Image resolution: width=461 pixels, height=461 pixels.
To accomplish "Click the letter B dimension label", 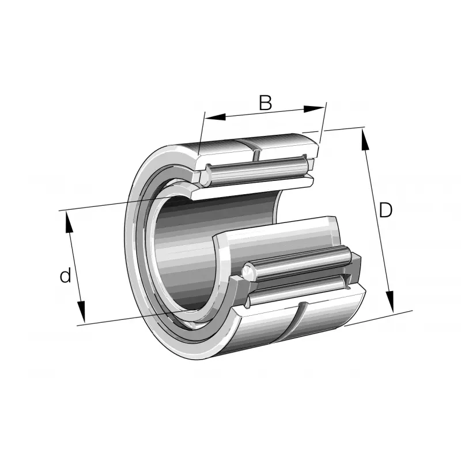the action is (265, 103).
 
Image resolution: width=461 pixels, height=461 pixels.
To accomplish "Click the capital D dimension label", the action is (386, 210).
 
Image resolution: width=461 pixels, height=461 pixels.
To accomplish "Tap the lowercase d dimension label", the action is (65, 275).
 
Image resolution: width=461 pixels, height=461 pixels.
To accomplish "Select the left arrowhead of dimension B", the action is (215, 117).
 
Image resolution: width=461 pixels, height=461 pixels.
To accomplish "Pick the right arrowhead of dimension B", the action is (314, 108).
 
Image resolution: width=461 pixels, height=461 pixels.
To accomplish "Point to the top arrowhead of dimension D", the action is (365, 140).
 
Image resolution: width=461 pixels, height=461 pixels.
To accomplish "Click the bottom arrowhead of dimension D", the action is (390, 301).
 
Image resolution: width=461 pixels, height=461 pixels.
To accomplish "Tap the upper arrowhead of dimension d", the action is (69, 222).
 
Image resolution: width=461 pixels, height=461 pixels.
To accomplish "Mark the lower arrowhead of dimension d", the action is (81, 312).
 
